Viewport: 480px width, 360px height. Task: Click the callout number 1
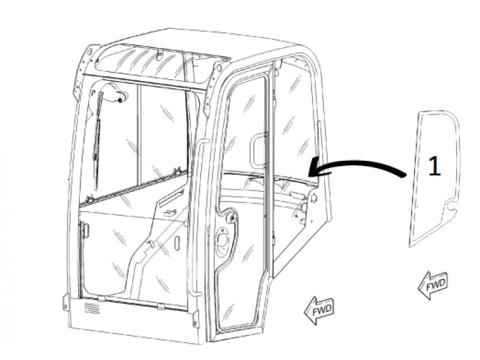(x=434, y=166)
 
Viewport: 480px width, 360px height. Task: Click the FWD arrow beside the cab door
(x=319, y=310)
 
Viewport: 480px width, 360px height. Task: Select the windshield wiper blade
(x=97, y=141)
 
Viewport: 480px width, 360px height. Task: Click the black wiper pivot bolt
(x=121, y=100)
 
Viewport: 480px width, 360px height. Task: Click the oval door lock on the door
(x=221, y=241)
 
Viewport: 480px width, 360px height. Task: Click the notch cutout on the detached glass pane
(x=451, y=206)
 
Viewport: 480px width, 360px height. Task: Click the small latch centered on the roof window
(x=159, y=55)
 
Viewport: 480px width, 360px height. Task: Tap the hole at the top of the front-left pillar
(x=89, y=52)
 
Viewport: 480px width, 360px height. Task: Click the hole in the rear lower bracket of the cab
(x=313, y=199)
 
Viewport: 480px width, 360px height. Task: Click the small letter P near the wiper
(x=94, y=91)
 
